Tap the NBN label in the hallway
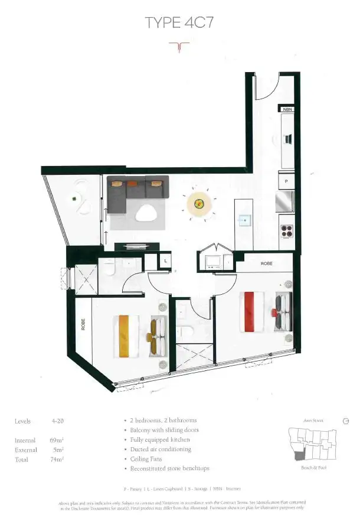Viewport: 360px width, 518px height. pyautogui.click(x=287, y=109)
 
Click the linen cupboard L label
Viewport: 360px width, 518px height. pyautogui.click(x=166, y=260)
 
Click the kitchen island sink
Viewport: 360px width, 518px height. pyautogui.click(x=244, y=219)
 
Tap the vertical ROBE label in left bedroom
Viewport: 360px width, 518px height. pyautogui.click(x=83, y=325)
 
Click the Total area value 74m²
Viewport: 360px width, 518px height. pyautogui.click(x=58, y=458)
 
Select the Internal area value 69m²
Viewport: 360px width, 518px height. pyautogui.click(x=58, y=441)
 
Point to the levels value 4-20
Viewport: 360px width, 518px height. pyautogui.click(x=57, y=421)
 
